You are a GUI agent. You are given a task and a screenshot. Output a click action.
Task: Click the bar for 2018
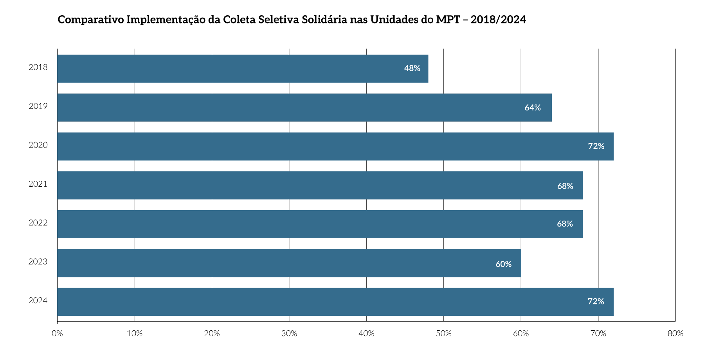[x=243, y=68]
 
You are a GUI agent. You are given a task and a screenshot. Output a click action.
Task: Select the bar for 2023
[x=289, y=263]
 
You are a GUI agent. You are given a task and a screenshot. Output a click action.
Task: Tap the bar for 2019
[x=304, y=108]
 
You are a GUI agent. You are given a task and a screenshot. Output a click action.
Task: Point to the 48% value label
[x=412, y=68]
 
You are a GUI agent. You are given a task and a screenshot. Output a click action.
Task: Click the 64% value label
[x=533, y=108]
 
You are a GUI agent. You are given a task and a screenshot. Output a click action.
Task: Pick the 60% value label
[x=503, y=264]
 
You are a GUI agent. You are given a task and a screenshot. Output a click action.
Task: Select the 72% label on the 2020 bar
[x=596, y=146]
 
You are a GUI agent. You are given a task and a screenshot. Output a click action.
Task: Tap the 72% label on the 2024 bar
[x=596, y=301]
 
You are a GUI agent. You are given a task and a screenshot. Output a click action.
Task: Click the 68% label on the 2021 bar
[x=565, y=186]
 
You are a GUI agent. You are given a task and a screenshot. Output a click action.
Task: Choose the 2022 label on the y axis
[x=38, y=223]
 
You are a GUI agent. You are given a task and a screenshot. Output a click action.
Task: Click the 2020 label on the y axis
[x=38, y=145]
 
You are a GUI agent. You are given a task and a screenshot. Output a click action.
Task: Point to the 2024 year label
[x=38, y=301]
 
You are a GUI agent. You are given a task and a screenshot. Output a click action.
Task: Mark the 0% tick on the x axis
[x=57, y=334]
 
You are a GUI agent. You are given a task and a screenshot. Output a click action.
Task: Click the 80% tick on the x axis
[x=675, y=334]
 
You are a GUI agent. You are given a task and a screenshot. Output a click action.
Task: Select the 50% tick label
[x=443, y=334]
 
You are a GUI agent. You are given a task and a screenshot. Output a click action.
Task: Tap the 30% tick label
[x=289, y=334]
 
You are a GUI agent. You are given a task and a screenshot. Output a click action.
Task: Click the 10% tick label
[x=135, y=334]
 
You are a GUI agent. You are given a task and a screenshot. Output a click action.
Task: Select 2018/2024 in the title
[x=498, y=20]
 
